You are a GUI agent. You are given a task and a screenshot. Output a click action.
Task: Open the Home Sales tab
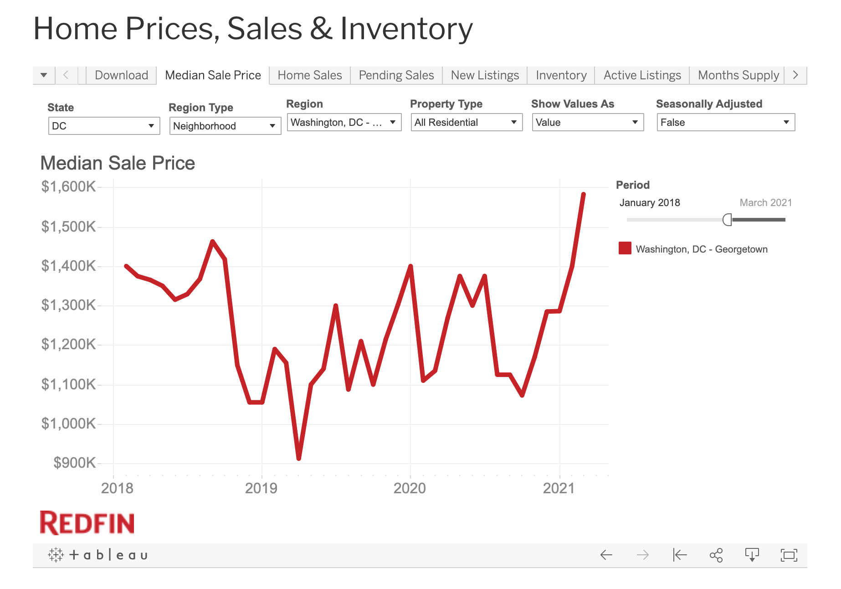click(309, 75)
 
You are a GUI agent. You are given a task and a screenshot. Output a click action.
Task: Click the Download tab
click(121, 75)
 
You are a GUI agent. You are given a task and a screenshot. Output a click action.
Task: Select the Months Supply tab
click(738, 75)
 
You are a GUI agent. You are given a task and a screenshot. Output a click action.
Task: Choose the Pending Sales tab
click(396, 75)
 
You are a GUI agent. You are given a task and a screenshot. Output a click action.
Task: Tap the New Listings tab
click(485, 75)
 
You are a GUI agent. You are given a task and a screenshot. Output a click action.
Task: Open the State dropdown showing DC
click(104, 126)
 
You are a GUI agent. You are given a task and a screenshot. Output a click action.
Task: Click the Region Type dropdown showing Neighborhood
click(225, 126)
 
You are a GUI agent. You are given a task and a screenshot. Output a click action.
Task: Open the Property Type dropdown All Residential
click(467, 122)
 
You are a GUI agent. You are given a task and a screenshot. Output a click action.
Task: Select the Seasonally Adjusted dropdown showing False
click(725, 122)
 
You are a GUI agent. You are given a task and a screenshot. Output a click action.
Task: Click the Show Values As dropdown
click(588, 122)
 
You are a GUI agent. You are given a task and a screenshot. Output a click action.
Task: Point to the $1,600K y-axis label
click(68, 186)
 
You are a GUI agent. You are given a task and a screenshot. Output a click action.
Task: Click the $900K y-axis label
click(74, 463)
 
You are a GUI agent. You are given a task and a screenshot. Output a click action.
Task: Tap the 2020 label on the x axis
click(410, 488)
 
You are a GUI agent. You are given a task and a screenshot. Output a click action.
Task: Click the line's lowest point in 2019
click(299, 458)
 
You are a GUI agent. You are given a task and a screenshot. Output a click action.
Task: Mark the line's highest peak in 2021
click(584, 195)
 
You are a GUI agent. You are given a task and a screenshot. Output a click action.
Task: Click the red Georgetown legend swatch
click(625, 248)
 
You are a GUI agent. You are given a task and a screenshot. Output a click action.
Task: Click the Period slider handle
click(727, 220)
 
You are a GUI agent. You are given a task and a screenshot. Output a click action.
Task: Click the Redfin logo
click(87, 523)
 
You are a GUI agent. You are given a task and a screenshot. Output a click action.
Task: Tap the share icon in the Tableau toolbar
click(716, 555)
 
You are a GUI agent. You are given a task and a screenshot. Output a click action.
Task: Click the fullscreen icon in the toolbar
click(789, 555)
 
